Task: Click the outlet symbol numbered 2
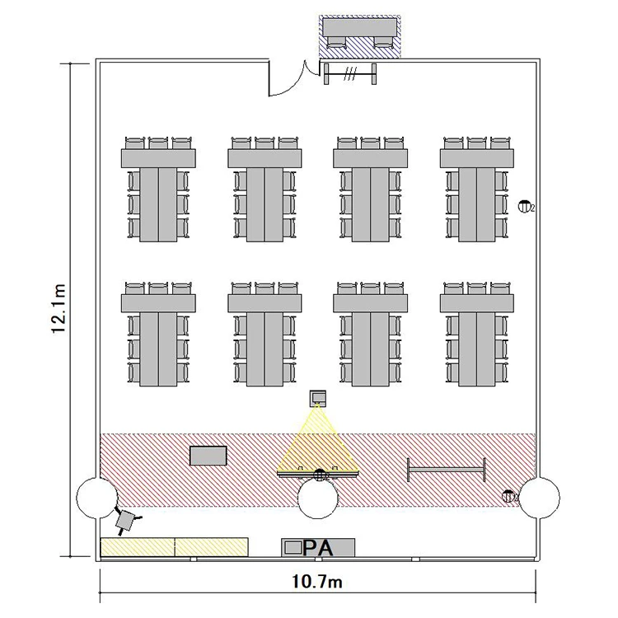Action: pyautogui.click(x=525, y=206)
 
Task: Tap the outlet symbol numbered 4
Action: pyautogui.click(x=508, y=496)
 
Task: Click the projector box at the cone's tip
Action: pyautogui.click(x=318, y=399)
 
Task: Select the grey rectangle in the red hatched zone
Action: pyautogui.click(x=208, y=456)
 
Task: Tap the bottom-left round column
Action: pyautogui.click(x=96, y=498)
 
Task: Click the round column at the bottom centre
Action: pyautogui.click(x=318, y=498)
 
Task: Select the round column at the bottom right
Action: pyautogui.click(x=540, y=498)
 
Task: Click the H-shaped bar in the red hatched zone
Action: pyautogui.click(x=447, y=470)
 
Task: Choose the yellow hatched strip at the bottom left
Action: pyautogui.click(x=174, y=546)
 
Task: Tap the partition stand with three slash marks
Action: pyautogui.click(x=352, y=74)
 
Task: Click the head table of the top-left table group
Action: pyautogui.click(x=158, y=157)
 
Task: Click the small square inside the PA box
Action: pyautogui.click(x=292, y=547)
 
